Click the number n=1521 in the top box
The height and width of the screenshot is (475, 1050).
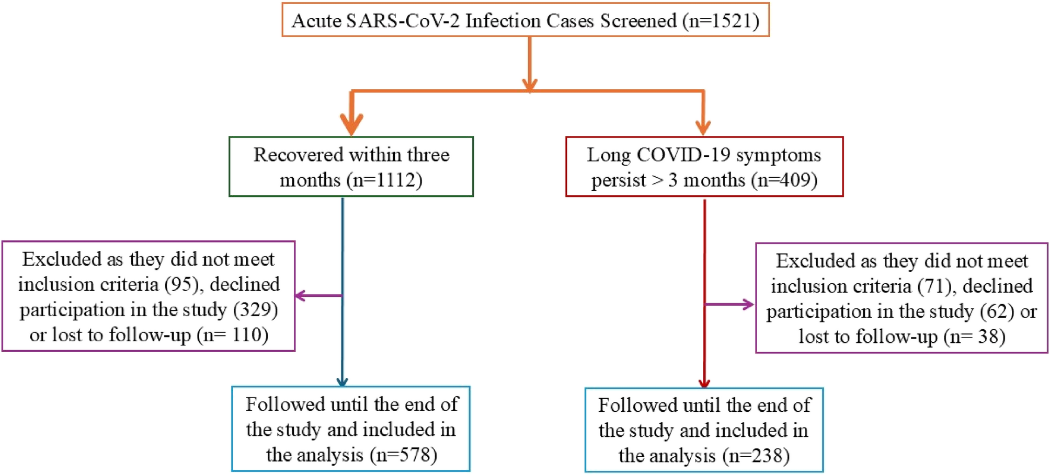pyautogui.click(x=721, y=21)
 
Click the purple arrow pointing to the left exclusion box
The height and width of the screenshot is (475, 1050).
pyautogui.click(x=318, y=296)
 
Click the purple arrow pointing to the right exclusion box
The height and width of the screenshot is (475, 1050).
pyautogui.click(x=729, y=304)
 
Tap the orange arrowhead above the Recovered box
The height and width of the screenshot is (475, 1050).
pyautogui.click(x=352, y=124)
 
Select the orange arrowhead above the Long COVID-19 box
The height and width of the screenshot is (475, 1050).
pyautogui.click(x=703, y=128)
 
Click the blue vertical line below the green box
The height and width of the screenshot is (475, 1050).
pyautogui.click(x=343, y=292)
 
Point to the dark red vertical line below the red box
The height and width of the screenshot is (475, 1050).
pyautogui.click(x=704, y=294)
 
